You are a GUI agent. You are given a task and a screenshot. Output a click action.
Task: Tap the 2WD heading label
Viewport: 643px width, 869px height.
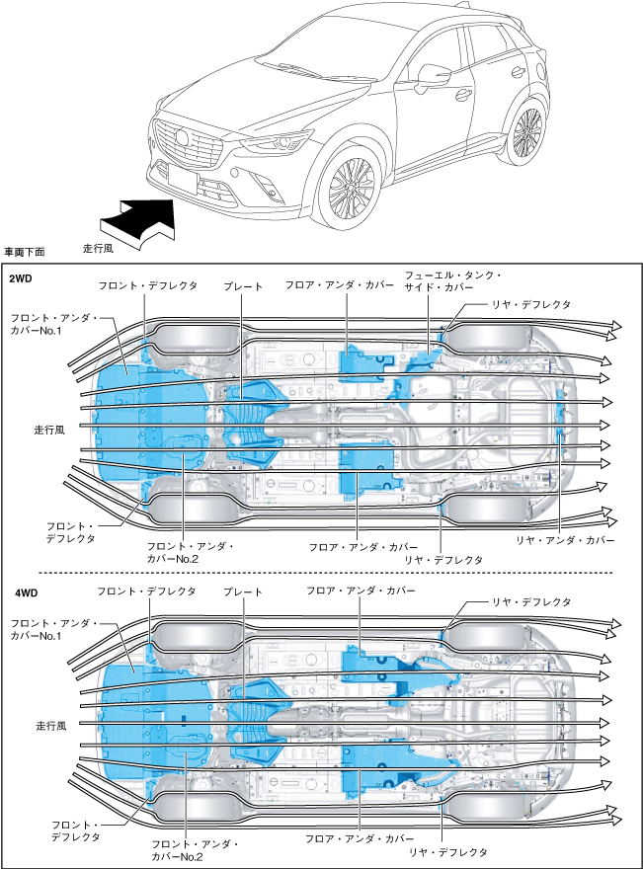coord(21,278)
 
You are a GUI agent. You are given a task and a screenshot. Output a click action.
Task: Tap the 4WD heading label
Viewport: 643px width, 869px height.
coord(26,593)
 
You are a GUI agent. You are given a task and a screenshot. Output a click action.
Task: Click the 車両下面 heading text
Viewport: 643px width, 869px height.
coord(25,252)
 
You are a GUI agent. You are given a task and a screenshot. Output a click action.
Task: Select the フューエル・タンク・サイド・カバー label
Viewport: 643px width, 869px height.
coord(453,281)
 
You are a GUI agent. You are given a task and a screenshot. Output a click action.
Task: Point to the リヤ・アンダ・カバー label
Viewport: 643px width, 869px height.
coord(565,540)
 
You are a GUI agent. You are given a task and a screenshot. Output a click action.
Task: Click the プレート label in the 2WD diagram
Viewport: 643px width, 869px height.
coord(243,286)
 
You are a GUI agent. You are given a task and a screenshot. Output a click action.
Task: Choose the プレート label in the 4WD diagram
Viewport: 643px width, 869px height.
coord(243,592)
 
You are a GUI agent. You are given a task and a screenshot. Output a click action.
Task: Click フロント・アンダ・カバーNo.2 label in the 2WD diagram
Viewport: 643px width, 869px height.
coord(190,553)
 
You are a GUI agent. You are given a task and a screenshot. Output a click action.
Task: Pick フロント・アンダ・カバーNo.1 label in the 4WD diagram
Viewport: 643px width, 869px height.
coord(53,630)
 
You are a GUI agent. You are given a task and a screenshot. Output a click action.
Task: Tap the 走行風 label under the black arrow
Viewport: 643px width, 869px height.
coord(98,248)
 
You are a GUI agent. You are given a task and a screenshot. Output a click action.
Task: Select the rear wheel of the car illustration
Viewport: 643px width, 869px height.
coord(527,132)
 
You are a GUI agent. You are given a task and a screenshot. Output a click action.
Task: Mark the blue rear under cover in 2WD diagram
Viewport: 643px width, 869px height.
coord(562,414)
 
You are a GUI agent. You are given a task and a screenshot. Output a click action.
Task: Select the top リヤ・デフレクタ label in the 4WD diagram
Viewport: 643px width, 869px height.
coord(531,601)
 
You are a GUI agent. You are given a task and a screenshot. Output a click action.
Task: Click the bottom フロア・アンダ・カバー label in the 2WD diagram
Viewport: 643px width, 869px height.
coord(363,547)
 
